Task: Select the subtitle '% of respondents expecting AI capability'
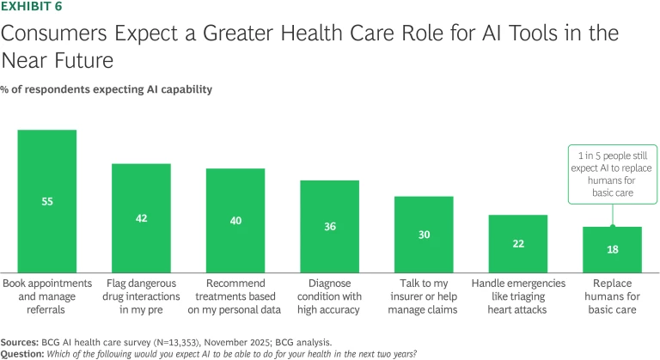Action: click(107, 89)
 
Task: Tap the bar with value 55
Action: click(47, 200)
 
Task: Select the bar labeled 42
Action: click(141, 217)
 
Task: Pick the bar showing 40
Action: click(235, 220)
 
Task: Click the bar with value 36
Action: click(329, 226)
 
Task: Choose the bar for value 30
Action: click(424, 234)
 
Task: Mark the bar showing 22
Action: click(518, 243)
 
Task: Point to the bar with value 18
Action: click(612, 249)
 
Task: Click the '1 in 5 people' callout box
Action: click(612, 174)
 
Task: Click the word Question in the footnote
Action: click(23, 351)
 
